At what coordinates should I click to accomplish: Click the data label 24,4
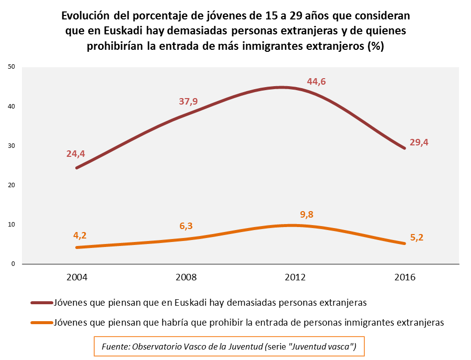click(x=76, y=154)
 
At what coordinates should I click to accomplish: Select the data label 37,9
click(x=188, y=102)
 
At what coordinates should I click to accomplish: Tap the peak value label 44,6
click(x=316, y=82)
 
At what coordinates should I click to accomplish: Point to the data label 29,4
click(x=419, y=142)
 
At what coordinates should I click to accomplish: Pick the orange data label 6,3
click(x=186, y=226)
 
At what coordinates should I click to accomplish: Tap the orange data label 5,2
click(x=417, y=238)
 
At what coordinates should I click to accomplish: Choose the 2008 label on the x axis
click(x=185, y=277)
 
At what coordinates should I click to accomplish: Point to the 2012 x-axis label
click(x=295, y=277)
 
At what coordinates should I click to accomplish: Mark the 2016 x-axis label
click(x=404, y=277)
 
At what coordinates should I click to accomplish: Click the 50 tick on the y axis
click(x=13, y=67)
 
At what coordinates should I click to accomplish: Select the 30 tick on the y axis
click(x=13, y=146)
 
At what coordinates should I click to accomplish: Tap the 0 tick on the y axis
click(x=14, y=264)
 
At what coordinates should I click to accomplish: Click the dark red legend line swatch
click(x=41, y=302)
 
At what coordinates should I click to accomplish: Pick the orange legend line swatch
click(x=41, y=322)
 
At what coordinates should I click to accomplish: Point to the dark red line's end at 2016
click(x=404, y=148)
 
